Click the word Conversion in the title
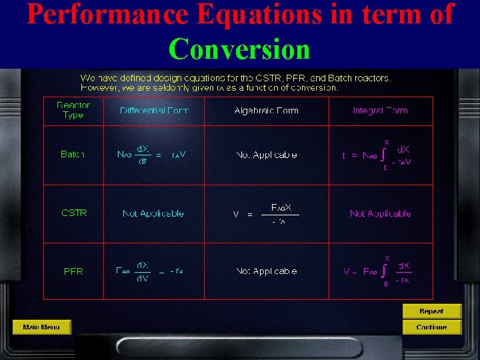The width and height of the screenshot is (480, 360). [x=239, y=49]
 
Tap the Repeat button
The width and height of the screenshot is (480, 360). [x=431, y=311]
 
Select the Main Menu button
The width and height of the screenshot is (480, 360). [x=41, y=327]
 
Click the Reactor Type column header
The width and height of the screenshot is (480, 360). [x=73, y=110]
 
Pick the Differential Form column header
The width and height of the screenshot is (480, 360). [x=154, y=111]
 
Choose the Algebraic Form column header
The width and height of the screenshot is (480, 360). [x=266, y=111]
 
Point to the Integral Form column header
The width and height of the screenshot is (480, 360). [x=380, y=111]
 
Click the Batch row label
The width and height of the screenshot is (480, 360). [x=73, y=154]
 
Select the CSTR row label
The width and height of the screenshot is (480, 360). [x=74, y=213]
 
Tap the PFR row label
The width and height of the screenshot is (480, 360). [x=73, y=271]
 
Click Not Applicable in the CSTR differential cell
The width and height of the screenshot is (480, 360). [x=153, y=214]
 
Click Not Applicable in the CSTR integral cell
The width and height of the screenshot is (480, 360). [x=380, y=214]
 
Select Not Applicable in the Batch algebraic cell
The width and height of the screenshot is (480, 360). [x=266, y=155]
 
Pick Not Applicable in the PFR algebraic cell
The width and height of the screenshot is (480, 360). [x=266, y=271]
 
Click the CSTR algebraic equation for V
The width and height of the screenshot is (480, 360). [x=266, y=214]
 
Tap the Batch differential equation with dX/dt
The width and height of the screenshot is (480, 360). [x=151, y=155]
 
